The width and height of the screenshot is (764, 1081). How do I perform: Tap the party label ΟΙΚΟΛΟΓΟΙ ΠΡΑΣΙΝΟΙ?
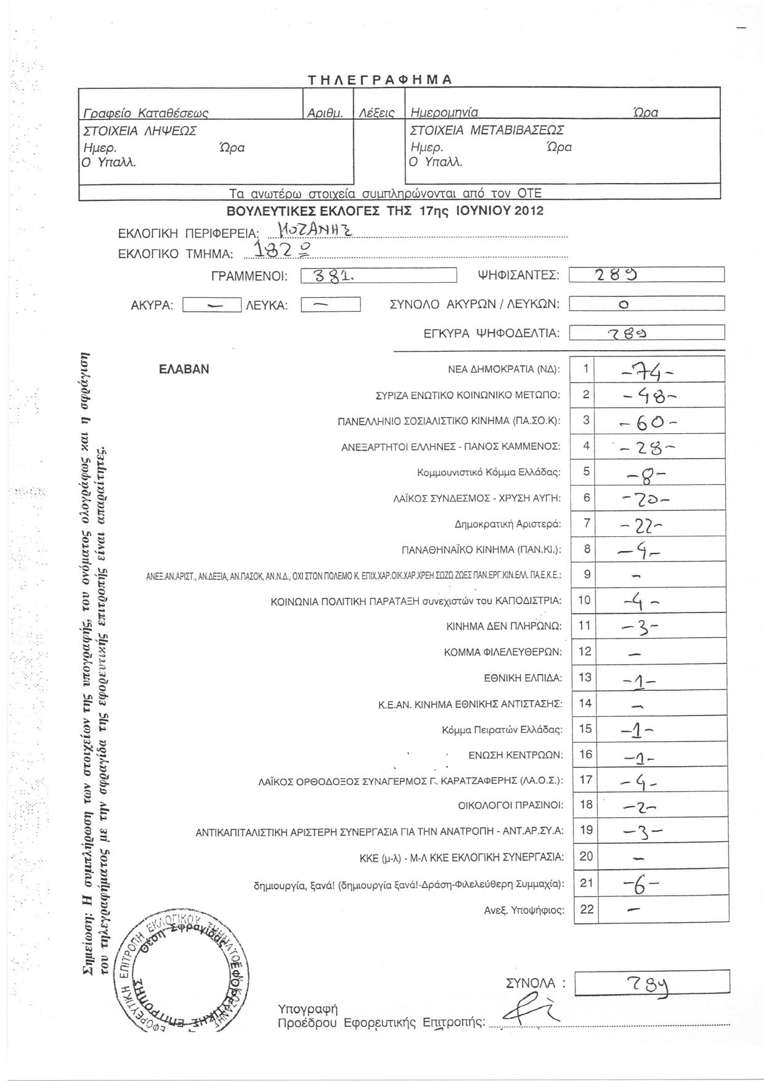(x=511, y=805)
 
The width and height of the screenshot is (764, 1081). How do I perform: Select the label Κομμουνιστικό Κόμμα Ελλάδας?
(x=489, y=473)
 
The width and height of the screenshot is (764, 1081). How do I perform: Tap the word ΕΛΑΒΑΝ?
(x=184, y=369)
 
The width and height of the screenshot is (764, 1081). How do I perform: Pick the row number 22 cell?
(x=587, y=908)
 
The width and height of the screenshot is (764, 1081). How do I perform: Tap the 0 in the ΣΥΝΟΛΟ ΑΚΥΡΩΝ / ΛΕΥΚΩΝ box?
(x=624, y=304)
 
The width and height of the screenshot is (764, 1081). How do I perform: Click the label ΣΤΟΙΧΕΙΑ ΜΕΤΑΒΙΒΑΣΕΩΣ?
(x=487, y=131)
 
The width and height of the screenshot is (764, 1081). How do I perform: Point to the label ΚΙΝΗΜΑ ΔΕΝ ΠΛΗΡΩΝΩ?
(x=503, y=626)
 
